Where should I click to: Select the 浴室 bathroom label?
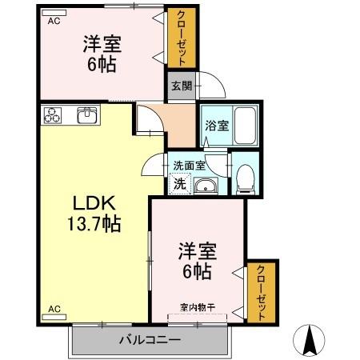(217, 126)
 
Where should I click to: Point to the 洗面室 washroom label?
(190, 166)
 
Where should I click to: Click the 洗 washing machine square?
(180, 184)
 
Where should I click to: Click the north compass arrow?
(312, 340)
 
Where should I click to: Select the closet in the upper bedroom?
(181, 38)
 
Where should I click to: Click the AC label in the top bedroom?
(54, 22)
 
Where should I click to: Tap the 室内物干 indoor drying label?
(197, 306)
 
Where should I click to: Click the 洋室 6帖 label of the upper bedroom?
(102, 54)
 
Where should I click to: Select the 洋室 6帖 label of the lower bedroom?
(195, 262)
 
